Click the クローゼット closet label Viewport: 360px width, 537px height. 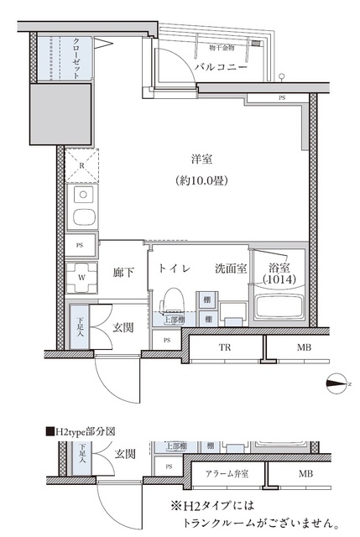point(76,58)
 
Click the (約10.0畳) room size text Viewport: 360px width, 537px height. point(199,180)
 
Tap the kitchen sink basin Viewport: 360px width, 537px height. point(83,218)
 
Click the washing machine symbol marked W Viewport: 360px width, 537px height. point(81,274)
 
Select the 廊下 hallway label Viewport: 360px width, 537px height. point(123,271)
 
